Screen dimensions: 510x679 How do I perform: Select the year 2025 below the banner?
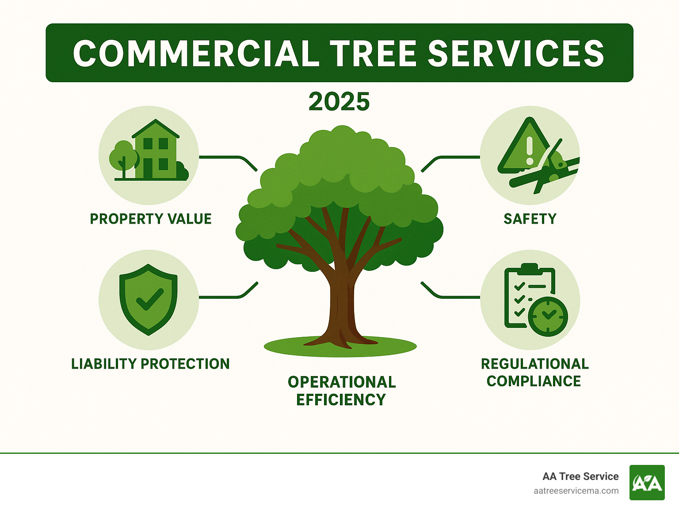(x=339, y=102)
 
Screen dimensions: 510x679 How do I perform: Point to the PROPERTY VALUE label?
(x=151, y=219)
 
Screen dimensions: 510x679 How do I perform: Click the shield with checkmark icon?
(x=149, y=299)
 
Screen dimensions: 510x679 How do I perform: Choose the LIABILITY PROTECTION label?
(x=150, y=364)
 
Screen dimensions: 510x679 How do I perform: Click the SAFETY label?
(x=530, y=219)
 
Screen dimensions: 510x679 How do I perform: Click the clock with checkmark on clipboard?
(x=548, y=316)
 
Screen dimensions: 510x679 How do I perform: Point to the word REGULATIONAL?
(x=535, y=364)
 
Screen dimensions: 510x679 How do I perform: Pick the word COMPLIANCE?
(x=534, y=381)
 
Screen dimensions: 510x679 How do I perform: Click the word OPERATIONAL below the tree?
(x=342, y=382)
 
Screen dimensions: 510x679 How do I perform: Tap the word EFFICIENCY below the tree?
(x=341, y=400)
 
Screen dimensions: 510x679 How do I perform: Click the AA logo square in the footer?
(x=647, y=483)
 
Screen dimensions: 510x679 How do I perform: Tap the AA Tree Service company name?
(x=580, y=476)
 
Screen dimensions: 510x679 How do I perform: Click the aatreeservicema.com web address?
(x=576, y=491)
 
